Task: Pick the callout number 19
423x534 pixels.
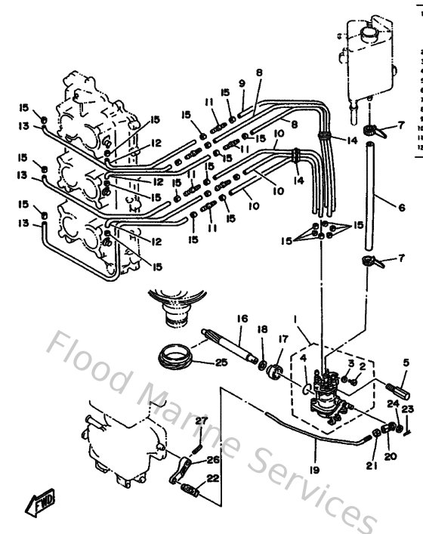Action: (315, 468)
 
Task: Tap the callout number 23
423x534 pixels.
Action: (410, 409)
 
